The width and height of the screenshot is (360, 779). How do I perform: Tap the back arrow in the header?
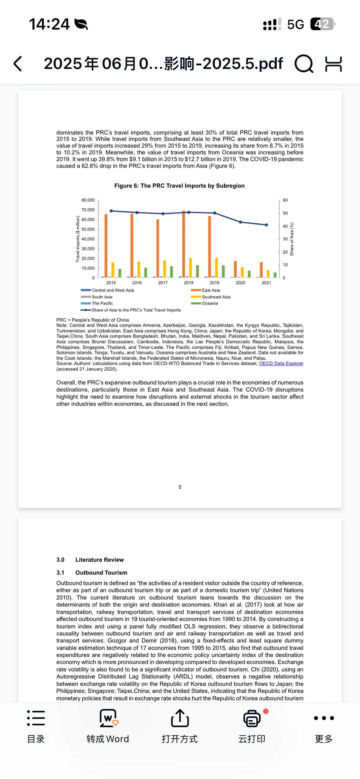click(18, 64)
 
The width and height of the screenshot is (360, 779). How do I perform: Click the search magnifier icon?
click(304, 64)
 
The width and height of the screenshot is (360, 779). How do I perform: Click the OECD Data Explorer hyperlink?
click(281, 364)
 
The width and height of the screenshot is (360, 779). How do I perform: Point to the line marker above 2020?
click(241, 222)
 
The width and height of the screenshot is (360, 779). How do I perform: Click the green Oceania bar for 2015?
click(120, 273)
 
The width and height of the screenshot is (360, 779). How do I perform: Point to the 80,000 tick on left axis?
click(88, 200)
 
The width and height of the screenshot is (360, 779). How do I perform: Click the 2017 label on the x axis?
click(163, 283)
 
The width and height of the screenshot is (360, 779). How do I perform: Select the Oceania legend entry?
click(209, 303)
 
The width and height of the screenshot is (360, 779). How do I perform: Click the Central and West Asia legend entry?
click(112, 290)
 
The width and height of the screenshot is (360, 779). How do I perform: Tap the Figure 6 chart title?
click(179, 186)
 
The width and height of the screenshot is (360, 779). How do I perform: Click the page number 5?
click(180, 487)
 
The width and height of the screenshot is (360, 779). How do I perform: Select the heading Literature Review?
click(99, 560)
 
